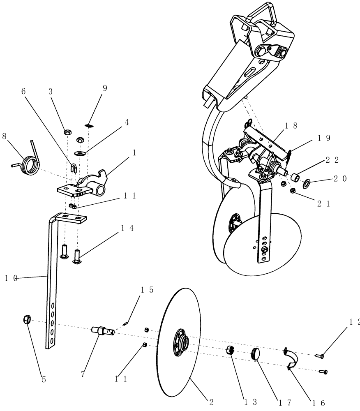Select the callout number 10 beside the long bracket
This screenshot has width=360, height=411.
click(x=11, y=278)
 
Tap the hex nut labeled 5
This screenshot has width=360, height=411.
click(x=26, y=319)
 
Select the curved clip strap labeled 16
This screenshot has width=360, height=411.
click(x=293, y=358)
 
